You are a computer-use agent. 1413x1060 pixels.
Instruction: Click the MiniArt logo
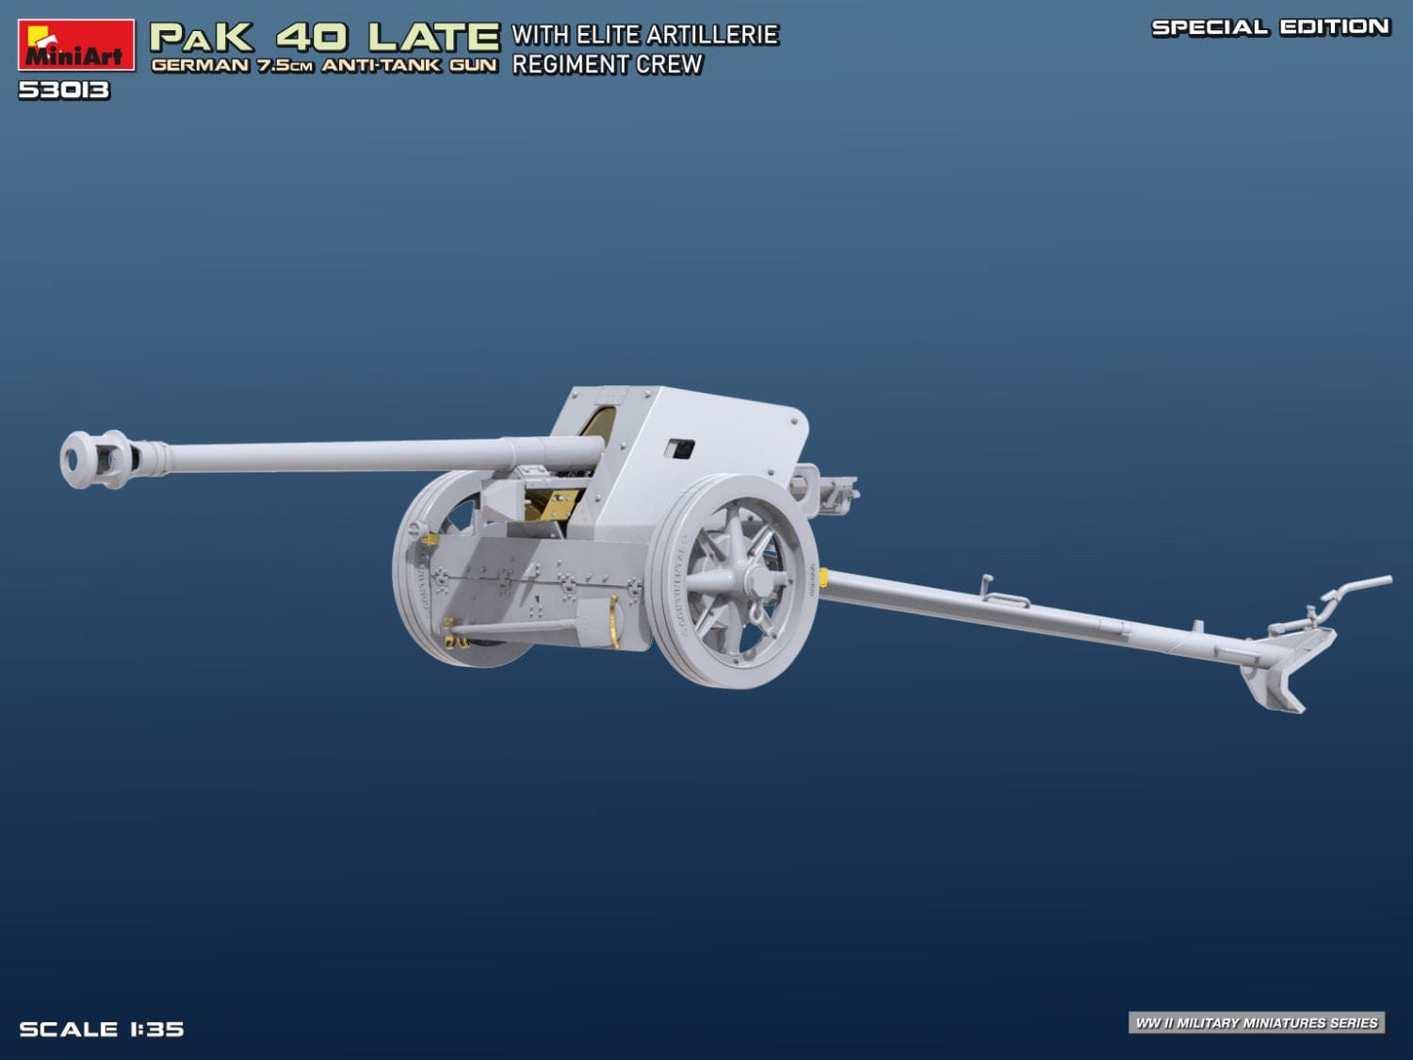tap(75, 44)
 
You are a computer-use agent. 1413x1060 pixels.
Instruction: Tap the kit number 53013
tap(64, 90)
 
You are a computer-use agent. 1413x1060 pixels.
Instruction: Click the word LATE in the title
tap(433, 38)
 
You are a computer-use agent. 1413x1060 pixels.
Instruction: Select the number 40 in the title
tap(312, 38)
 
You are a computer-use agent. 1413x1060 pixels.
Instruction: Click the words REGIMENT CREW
tap(608, 65)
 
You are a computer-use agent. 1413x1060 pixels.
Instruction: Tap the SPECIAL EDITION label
tap(1270, 27)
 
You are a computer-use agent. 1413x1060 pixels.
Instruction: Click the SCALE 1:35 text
tap(102, 1029)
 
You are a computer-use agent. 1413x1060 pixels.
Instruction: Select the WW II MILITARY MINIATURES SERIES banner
tap(1257, 1022)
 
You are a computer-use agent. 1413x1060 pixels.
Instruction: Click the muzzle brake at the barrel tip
tap(97, 459)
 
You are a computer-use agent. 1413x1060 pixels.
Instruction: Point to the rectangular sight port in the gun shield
tap(678, 448)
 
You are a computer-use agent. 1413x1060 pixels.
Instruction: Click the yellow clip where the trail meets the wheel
tap(823, 577)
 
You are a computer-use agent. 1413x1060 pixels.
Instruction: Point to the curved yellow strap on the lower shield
tap(615, 621)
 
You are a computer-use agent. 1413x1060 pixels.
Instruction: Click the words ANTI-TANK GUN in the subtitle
tap(410, 66)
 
